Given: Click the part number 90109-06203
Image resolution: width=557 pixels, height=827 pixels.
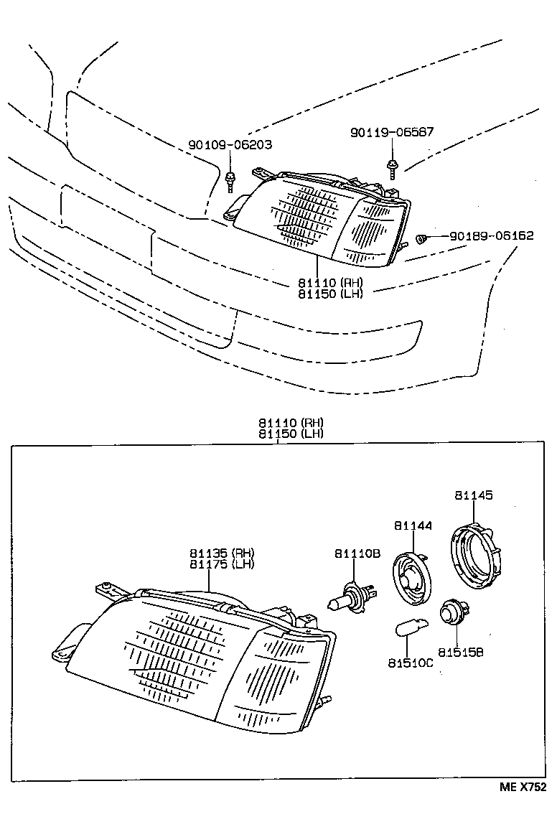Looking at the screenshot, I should coord(230,144).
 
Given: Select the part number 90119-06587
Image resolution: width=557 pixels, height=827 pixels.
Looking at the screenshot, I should coord(392,132).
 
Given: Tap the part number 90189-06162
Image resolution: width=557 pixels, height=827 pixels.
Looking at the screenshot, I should coord(492,235).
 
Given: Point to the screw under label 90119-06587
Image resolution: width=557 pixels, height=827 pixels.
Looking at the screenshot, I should coord(393,169).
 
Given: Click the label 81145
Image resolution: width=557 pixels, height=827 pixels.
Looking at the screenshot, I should coord(473,495).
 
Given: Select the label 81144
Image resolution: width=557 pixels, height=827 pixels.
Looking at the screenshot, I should coord(413,526).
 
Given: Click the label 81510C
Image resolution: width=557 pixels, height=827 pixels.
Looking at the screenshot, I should coord(411,663).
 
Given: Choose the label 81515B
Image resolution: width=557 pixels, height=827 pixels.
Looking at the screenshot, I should coord(461,653).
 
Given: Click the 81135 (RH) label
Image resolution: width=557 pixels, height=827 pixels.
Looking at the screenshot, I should coord(222,553).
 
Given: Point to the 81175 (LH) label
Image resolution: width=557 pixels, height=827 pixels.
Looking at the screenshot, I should coord(222,564).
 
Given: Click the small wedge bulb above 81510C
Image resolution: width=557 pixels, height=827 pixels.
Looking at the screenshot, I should coord(410,630).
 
